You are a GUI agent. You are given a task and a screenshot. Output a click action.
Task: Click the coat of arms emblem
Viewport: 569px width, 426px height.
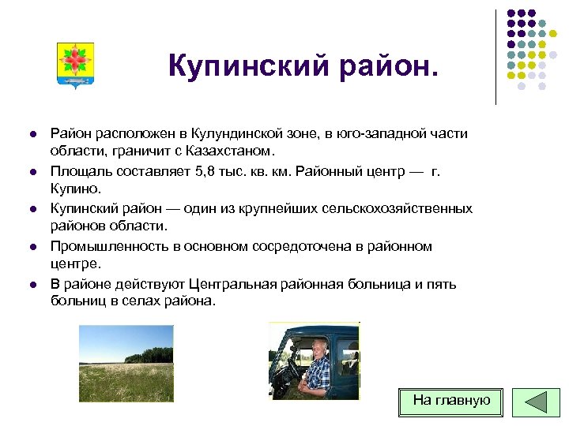tap(76, 65)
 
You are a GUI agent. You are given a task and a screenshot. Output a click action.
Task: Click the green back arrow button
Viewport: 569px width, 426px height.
tap(537, 402)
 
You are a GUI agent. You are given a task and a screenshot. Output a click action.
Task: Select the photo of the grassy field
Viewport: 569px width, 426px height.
tap(126, 363)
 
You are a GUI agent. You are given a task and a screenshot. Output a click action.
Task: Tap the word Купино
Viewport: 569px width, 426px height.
tap(76, 189)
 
